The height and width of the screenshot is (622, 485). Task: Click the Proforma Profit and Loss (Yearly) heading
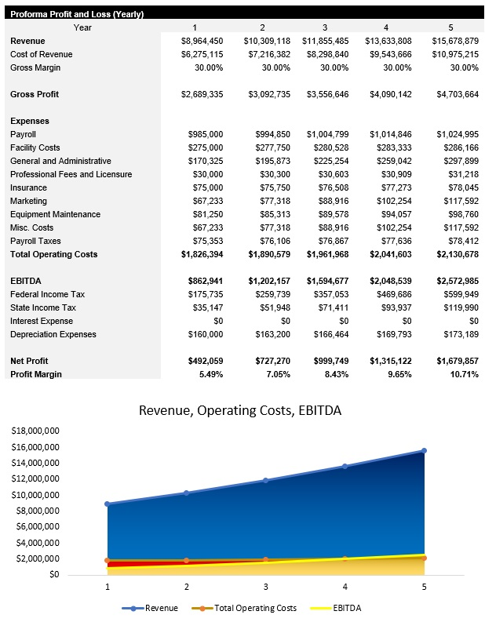77,14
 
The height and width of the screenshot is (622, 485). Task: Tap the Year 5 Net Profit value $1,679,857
457,361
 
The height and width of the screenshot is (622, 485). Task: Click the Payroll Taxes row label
35,241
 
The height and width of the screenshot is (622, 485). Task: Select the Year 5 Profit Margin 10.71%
461,374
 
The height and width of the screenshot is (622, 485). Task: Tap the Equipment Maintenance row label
55,214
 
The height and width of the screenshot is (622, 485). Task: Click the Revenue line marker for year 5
423,451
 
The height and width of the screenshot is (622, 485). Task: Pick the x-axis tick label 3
265,586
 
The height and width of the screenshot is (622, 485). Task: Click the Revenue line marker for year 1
108,504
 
